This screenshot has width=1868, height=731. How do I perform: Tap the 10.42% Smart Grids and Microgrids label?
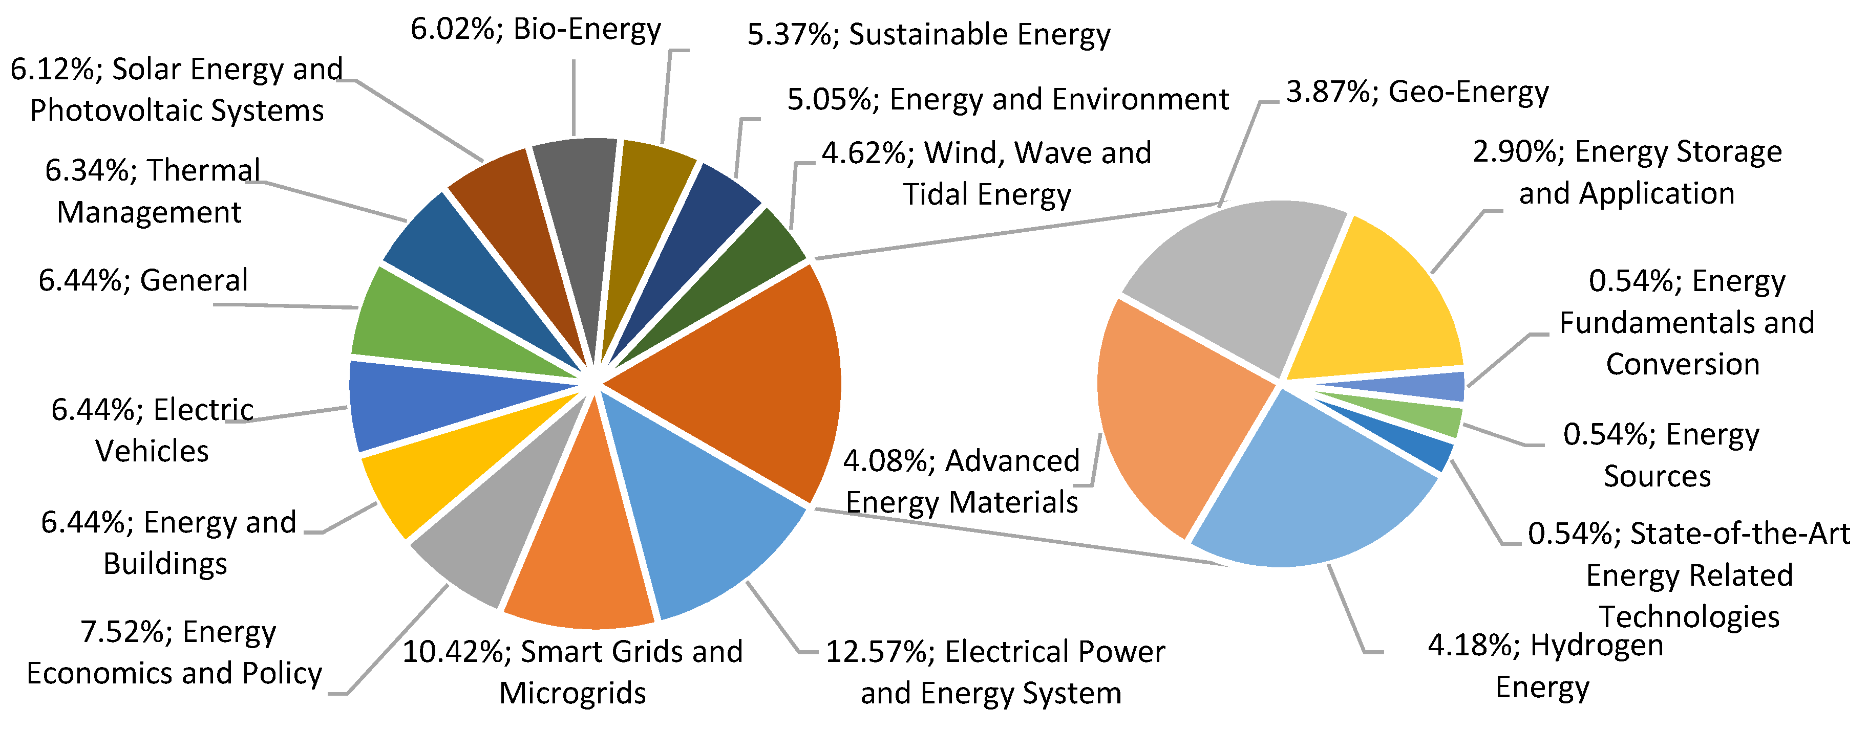tap(573, 672)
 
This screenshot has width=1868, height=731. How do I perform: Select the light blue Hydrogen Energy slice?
tap(1312, 493)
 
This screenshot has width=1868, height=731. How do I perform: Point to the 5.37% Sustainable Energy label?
tap(928, 35)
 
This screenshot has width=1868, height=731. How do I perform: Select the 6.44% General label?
tap(143, 280)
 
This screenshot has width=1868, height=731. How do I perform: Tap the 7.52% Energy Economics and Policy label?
tap(174, 652)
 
